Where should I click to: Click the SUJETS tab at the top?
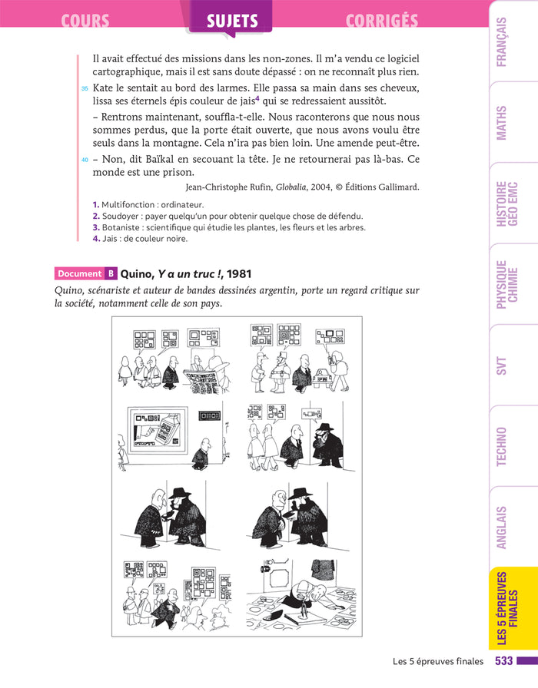click(x=232, y=21)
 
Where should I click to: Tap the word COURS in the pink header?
click(x=85, y=21)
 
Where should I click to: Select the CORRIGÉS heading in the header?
click(x=382, y=21)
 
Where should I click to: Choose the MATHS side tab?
click(x=502, y=123)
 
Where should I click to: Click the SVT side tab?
click(x=502, y=365)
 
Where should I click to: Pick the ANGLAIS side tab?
click(x=502, y=528)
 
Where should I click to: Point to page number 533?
click(x=503, y=661)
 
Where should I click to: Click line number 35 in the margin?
click(x=85, y=88)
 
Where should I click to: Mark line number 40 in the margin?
click(x=85, y=160)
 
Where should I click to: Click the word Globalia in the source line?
click(x=291, y=187)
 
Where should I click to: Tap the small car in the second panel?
click(x=323, y=377)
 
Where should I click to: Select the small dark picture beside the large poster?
click(x=209, y=415)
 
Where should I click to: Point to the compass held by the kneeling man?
click(x=303, y=607)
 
